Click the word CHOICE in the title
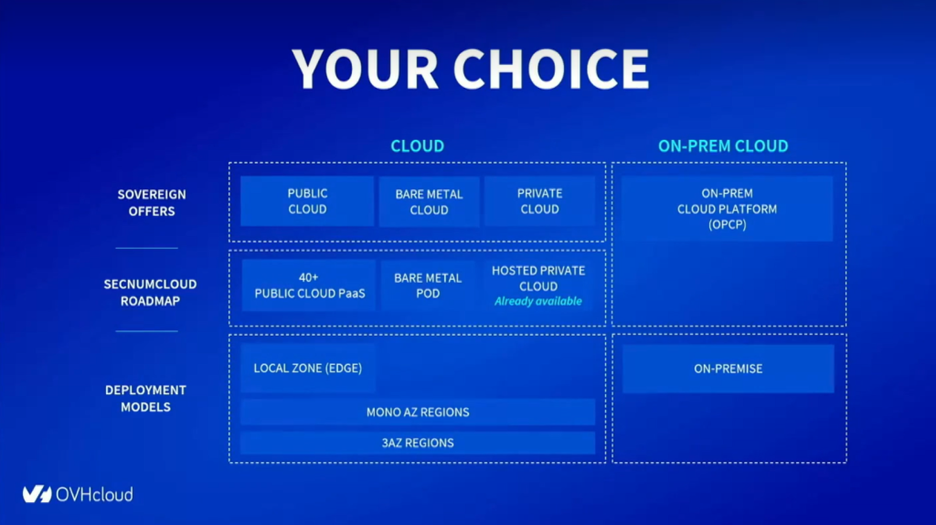coord(551,69)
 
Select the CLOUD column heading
coord(417,145)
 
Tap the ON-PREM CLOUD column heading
coord(723,145)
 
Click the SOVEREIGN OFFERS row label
coord(152,202)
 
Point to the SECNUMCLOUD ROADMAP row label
coord(151,293)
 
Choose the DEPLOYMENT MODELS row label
coord(145,399)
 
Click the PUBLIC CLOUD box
coord(307,201)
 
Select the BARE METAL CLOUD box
coord(429,202)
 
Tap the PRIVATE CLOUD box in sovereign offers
coord(539,201)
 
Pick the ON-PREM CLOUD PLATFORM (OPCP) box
coord(727,209)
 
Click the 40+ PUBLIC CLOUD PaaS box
coord(309,284)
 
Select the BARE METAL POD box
coord(428,285)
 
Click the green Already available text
coord(537,301)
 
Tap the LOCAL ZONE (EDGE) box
coord(308,368)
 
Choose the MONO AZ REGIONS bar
coord(418,412)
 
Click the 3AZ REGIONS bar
coord(418,443)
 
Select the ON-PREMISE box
coord(729,369)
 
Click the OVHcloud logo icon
coord(37,494)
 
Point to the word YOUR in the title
coord(366,69)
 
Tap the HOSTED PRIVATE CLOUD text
coord(538,278)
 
